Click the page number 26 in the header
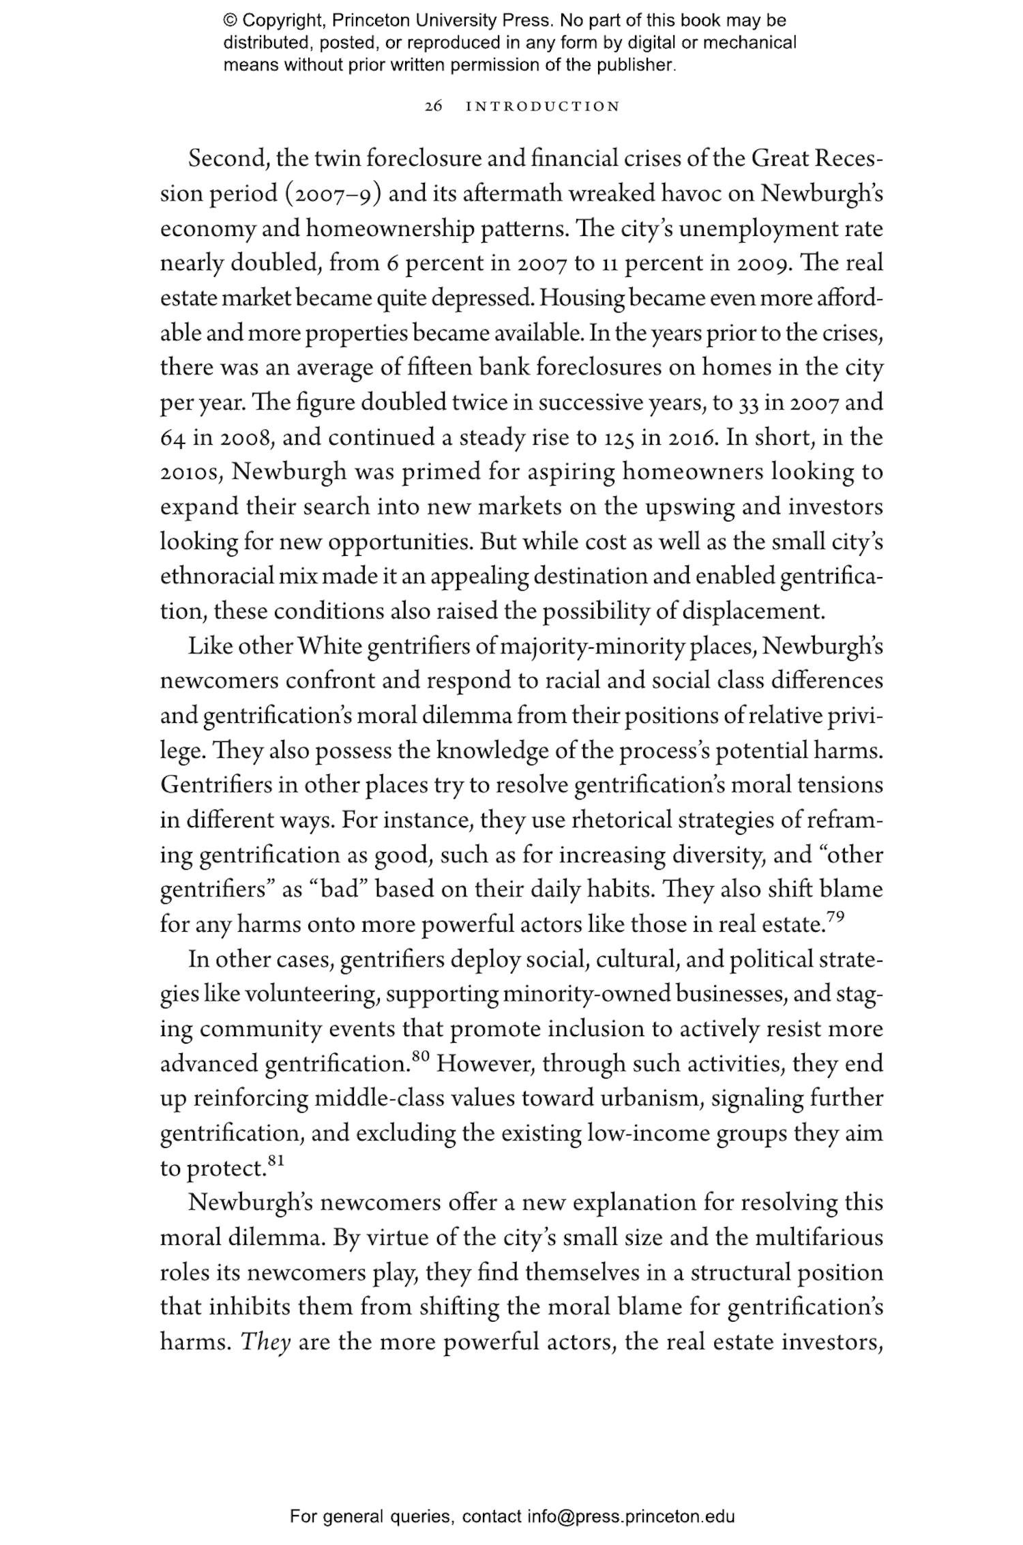coord(433,106)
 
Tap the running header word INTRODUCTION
coord(542,106)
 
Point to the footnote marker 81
coord(275,1160)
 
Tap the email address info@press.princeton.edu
coord(630,1516)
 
